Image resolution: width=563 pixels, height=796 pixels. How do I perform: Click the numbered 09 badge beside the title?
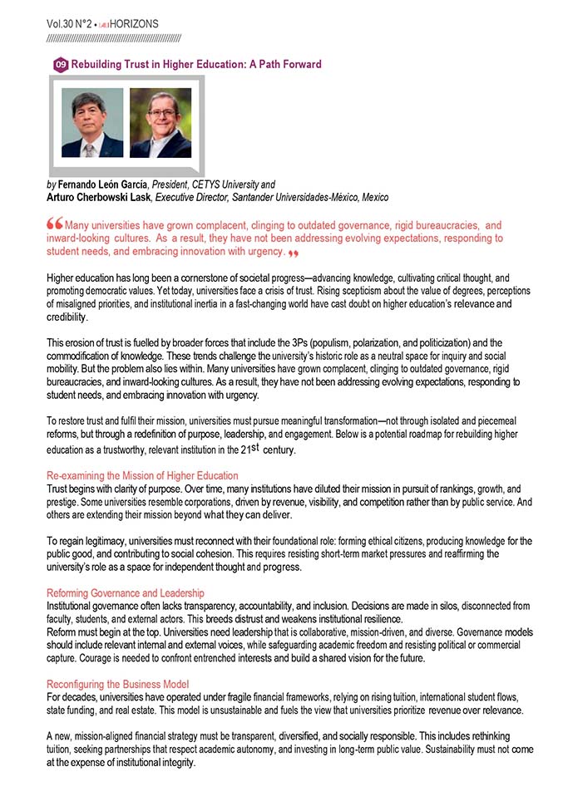tap(61, 65)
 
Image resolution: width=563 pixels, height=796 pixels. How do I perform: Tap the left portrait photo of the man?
tap(92, 123)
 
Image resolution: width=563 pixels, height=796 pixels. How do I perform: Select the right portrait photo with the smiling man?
tap(161, 123)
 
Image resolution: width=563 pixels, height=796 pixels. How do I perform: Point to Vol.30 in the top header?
tap(62, 24)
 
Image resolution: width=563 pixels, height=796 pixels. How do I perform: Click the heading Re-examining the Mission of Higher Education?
tap(142, 475)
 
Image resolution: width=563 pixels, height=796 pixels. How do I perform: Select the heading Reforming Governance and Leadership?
tap(125, 592)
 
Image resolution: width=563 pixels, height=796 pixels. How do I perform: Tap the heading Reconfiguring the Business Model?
tap(118, 684)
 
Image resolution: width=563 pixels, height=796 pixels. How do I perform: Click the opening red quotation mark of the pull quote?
tap(55, 224)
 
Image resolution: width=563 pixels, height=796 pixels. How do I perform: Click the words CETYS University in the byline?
tap(237, 184)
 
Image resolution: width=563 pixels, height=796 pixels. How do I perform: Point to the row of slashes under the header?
tap(114, 38)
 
